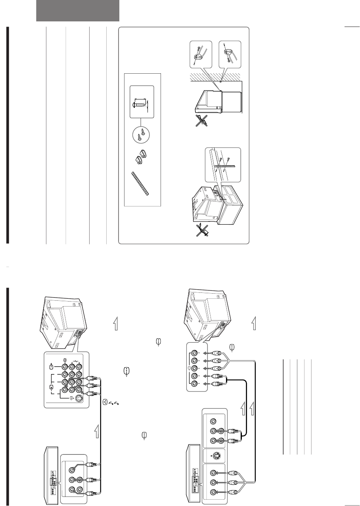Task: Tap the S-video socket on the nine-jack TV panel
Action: [80, 399]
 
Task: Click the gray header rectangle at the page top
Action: [78, 10]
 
